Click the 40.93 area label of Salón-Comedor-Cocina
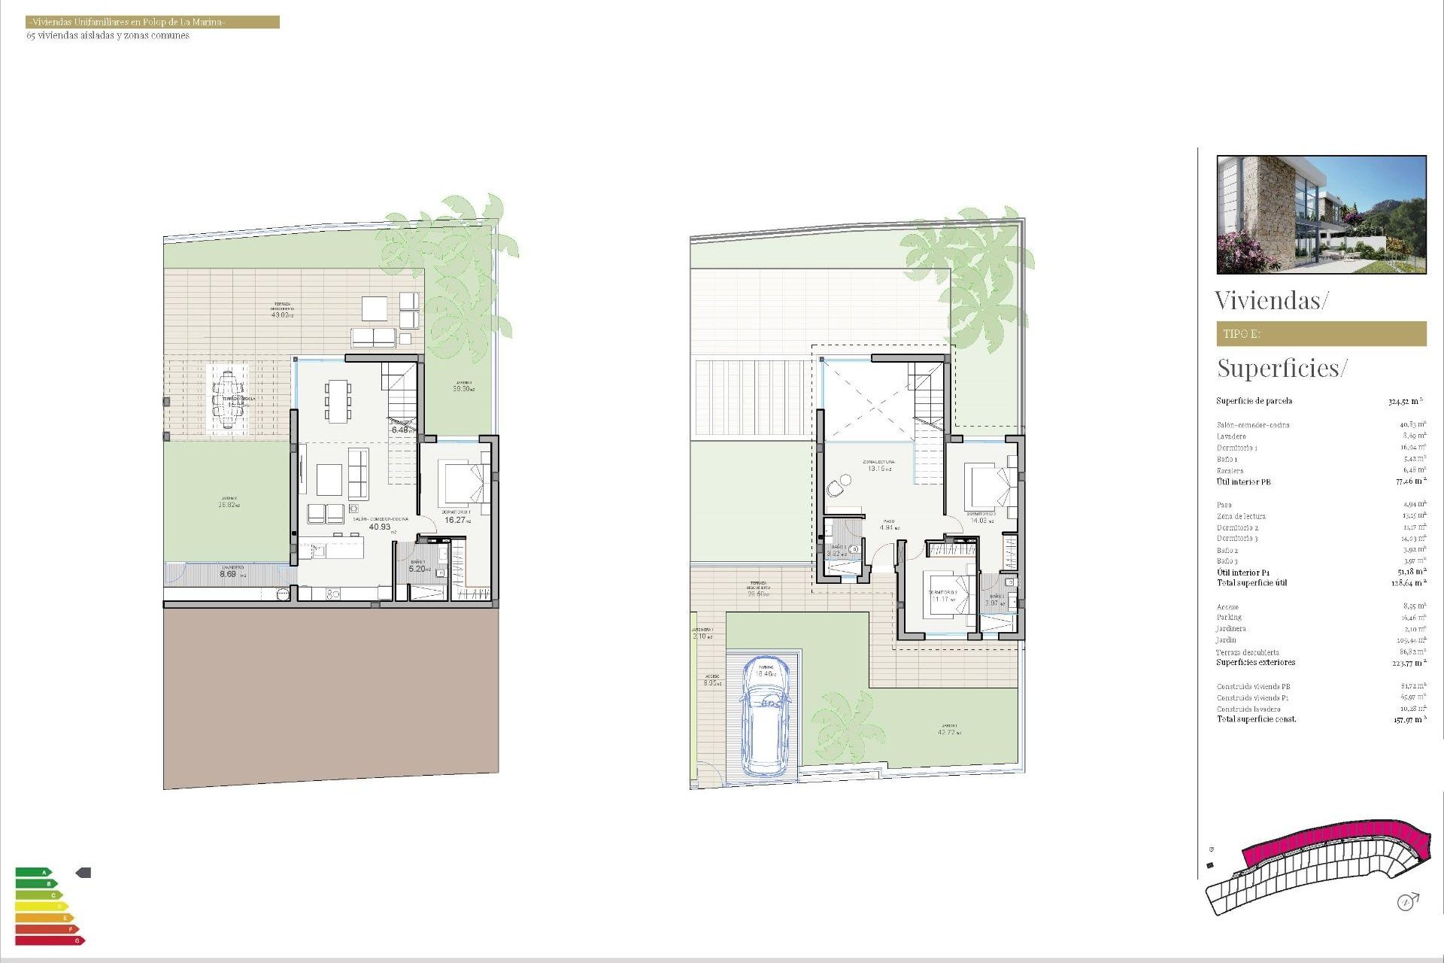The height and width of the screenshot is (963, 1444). click(380, 527)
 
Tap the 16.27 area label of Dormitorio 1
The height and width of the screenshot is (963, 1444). click(455, 520)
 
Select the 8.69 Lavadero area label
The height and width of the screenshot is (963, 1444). click(228, 574)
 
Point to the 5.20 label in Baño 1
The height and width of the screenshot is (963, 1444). click(417, 569)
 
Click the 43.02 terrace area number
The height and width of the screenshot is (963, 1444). click(281, 314)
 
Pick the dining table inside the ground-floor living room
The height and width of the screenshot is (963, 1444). click(338, 400)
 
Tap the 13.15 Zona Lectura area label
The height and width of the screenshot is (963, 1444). click(877, 469)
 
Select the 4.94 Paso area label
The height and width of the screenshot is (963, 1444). click(887, 527)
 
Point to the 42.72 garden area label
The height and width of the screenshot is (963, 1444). click(947, 732)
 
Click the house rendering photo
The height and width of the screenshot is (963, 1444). click(1321, 214)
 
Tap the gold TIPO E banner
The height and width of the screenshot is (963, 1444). click(1321, 333)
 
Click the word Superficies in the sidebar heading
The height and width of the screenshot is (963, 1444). click(1278, 368)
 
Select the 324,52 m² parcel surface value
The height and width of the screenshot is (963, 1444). click(1404, 401)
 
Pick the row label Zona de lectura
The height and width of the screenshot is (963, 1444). click(1241, 516)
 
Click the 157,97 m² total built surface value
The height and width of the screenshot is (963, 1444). click(1407, 720)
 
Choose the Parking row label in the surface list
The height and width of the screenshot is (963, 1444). click(1229, 618)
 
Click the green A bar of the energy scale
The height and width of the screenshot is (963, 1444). click(34, 873)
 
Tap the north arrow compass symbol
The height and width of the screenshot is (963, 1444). click(1406, 901)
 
